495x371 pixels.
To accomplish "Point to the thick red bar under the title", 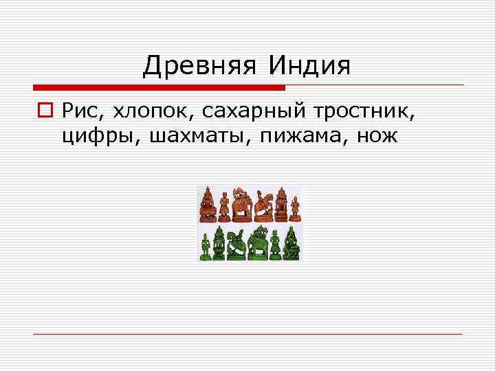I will (159, 88).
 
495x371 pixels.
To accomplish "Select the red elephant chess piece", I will (241, 205).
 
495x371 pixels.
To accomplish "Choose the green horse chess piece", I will (237, 243).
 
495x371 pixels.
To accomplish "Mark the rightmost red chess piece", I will (295, 207).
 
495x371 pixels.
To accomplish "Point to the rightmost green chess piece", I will (291, 243).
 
